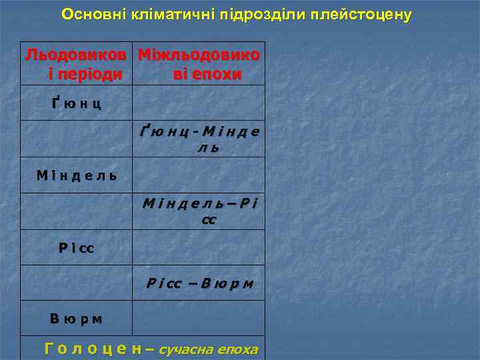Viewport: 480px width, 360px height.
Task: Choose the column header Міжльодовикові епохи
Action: (199, 63)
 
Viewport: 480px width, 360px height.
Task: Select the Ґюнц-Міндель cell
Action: (199, 139)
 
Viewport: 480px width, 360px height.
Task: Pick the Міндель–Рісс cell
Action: (199, 211)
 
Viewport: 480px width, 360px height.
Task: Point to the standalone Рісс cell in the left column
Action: (77, 248)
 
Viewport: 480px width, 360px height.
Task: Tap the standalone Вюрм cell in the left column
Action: (77, 319)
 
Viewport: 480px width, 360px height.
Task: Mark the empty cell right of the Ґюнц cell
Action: (199, 103)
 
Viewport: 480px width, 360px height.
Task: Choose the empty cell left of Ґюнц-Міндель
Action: (77, 139)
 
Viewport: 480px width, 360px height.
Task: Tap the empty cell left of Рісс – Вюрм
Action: (77, 283)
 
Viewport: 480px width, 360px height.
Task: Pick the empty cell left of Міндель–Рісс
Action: (77, 211)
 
